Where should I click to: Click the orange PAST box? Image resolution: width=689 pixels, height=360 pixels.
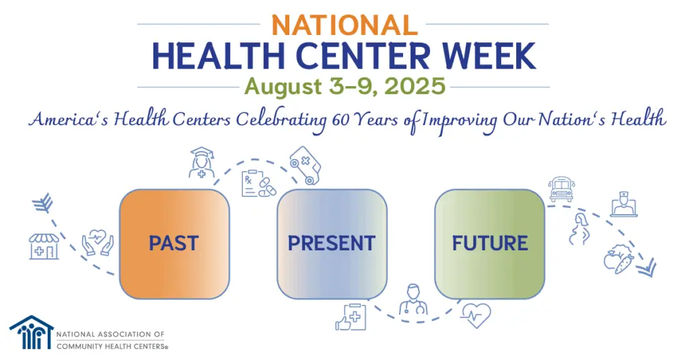coord(174,244)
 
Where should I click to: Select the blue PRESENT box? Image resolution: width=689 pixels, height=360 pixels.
coord(332,244)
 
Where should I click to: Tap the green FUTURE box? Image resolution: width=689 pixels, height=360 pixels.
coord(489,244)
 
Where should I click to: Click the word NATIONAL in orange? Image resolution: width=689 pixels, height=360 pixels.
coord(344,25)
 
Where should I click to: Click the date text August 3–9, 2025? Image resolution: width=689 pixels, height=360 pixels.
coord(344,86)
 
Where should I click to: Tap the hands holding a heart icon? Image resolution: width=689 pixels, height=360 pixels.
coord(98,244)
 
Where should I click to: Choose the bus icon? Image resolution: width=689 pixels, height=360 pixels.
coord(560,189)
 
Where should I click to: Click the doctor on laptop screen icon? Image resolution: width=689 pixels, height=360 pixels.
coord(624,204)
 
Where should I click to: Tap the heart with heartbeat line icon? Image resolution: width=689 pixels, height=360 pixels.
coord(476,314)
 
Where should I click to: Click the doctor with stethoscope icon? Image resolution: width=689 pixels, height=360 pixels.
coord(413,300)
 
